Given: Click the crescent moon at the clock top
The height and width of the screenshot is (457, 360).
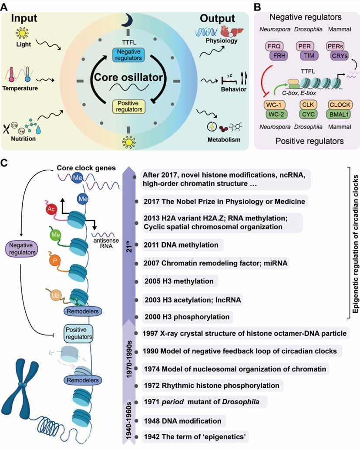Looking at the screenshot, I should click(128, 20).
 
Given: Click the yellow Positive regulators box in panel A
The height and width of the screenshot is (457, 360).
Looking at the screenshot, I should click(128, 106).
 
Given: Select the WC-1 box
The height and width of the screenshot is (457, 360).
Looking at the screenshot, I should click(275, 106).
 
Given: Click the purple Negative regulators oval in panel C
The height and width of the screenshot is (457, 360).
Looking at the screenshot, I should click(21, 250).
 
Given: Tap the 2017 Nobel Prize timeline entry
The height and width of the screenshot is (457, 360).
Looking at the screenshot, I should click(225, 201).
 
